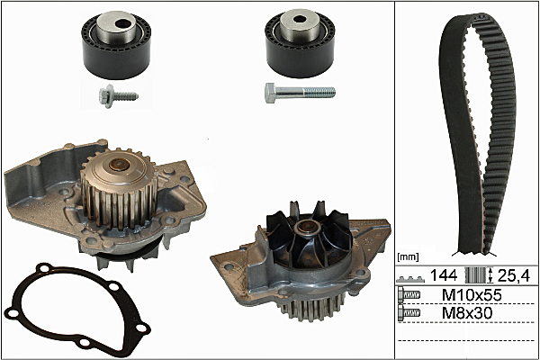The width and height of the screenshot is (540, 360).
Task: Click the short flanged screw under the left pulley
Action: point(118,96)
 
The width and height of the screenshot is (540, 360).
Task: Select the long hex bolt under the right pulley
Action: point(300,93)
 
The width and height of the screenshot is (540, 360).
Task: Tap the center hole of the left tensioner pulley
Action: point(121,23)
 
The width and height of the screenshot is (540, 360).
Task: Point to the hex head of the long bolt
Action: point(271,93)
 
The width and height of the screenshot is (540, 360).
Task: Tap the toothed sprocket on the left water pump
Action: point(119,190)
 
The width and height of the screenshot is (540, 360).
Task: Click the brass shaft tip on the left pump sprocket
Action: point(119,165)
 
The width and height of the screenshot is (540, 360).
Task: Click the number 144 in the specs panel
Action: point(444,275)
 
